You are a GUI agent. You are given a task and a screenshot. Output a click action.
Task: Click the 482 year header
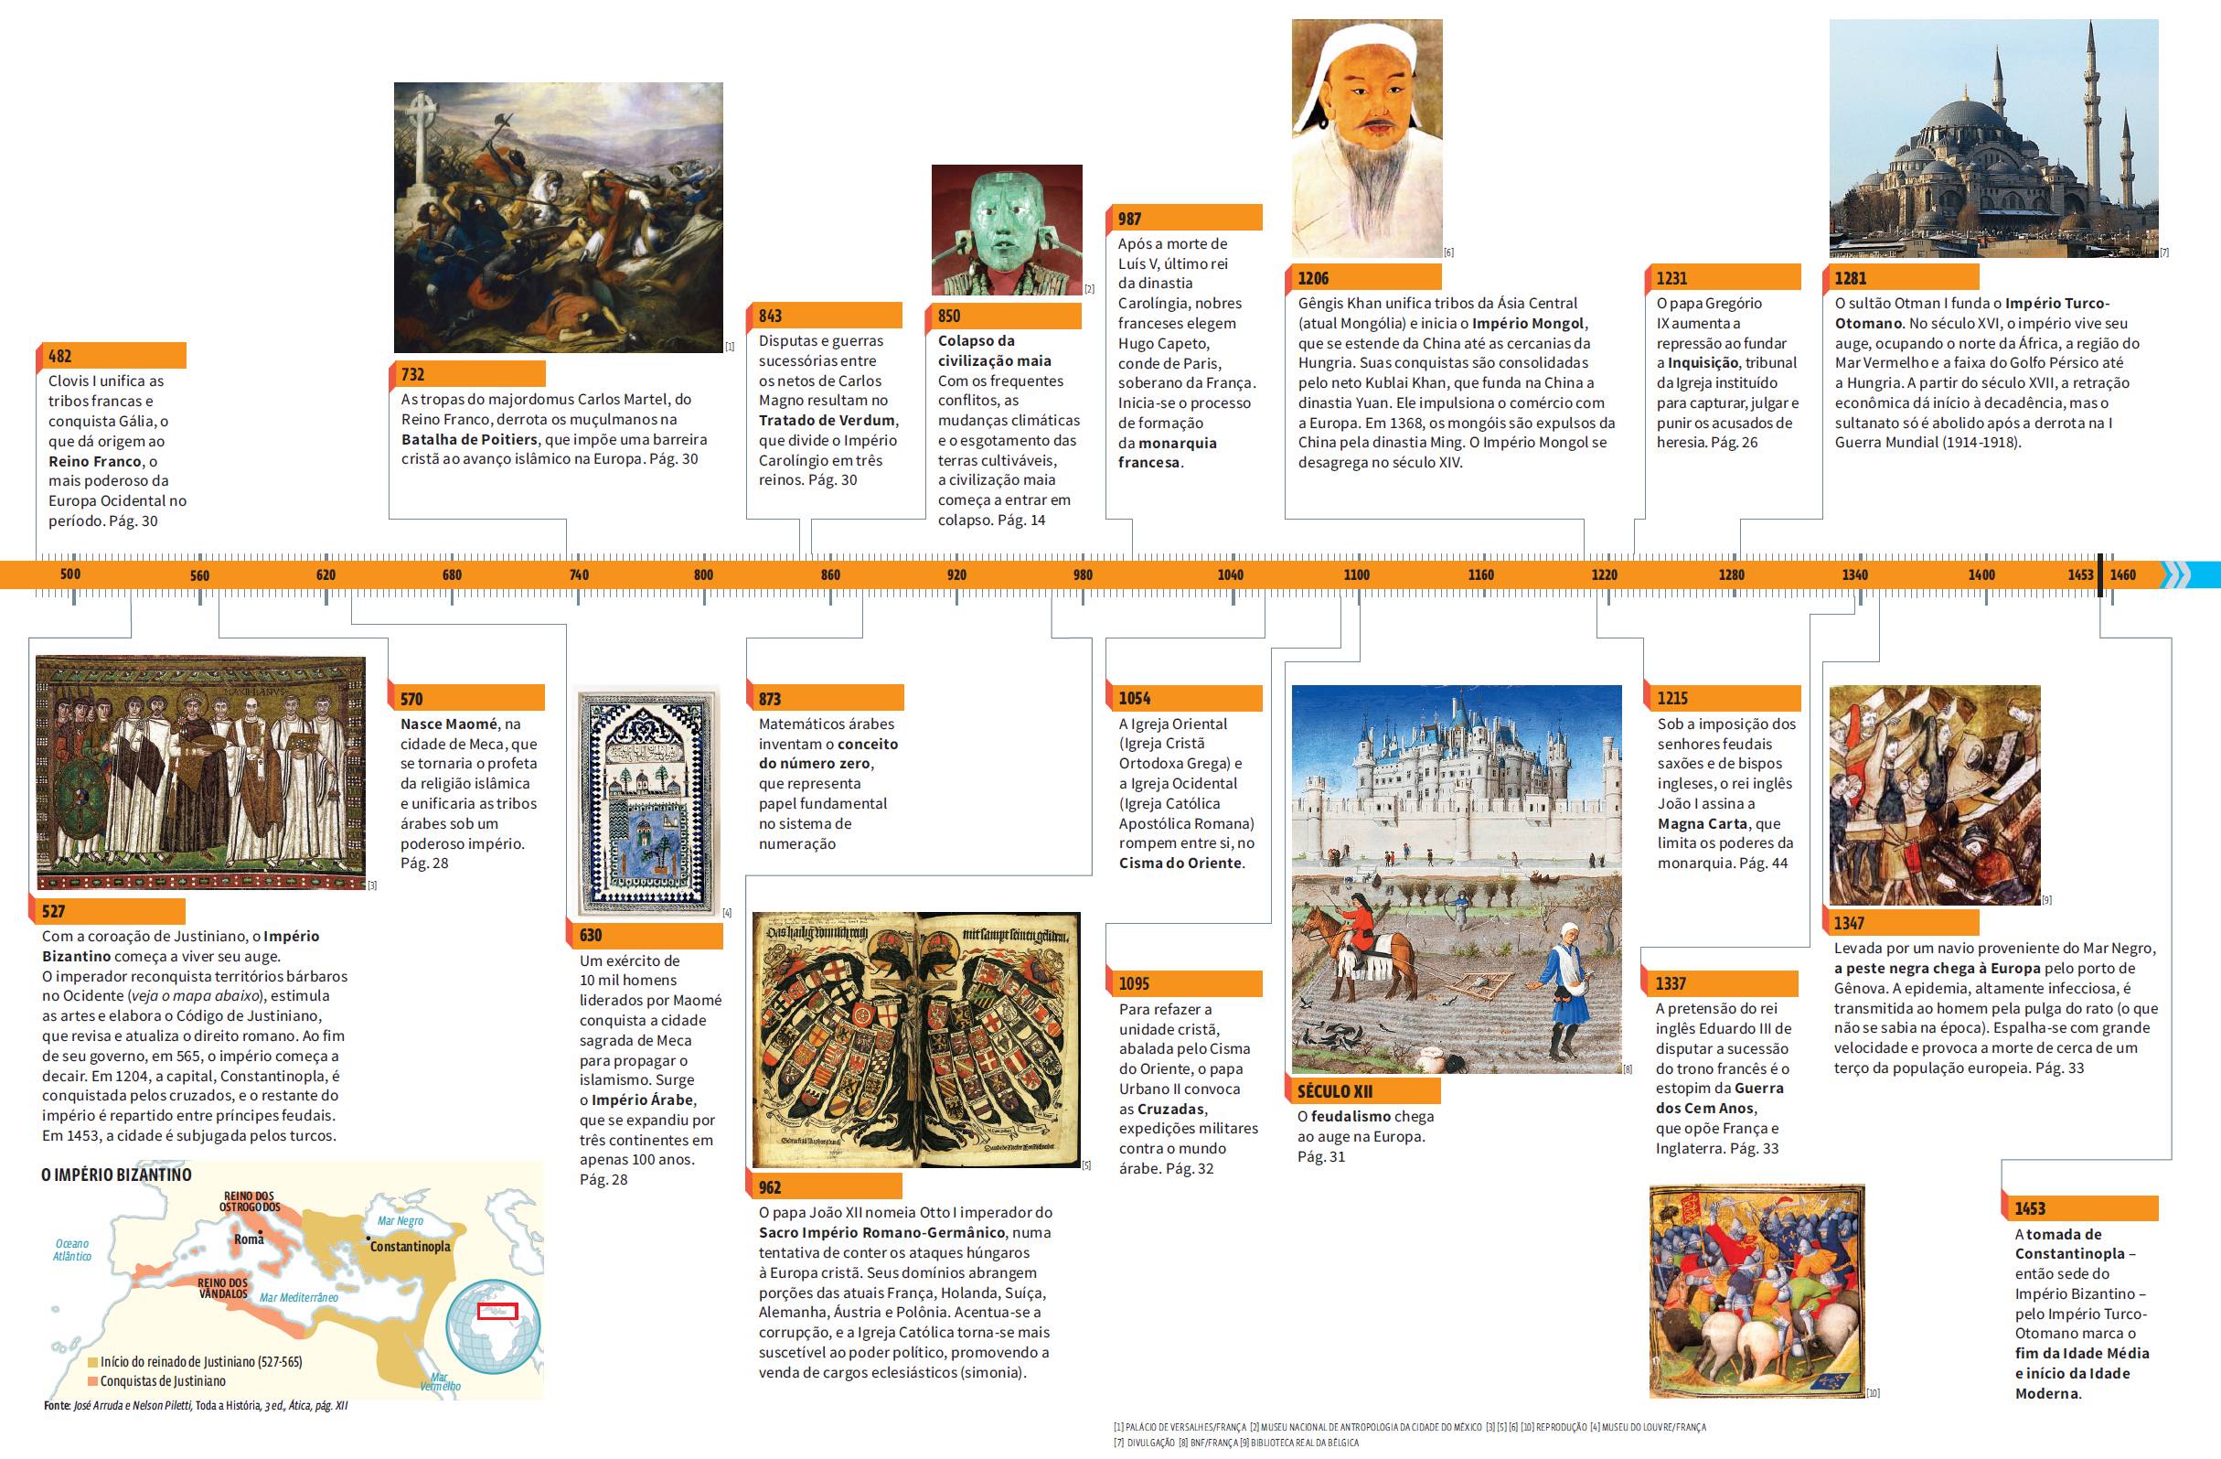(x=59, y=356)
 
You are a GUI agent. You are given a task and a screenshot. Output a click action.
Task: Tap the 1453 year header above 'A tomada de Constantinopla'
(x=2030, y=1207)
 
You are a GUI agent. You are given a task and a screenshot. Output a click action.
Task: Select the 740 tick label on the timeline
(x=579, y=575)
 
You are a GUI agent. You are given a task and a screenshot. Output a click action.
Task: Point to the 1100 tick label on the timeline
(x=1356, y=575)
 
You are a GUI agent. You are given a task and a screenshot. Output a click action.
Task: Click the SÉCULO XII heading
(x=1334, y=1091)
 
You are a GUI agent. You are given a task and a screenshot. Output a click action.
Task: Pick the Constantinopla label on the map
(x=410, y=1246)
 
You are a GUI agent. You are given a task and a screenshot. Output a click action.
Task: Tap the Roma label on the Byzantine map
(x=249, y=1239)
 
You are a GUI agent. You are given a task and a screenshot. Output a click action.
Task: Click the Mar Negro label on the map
(x=400, y=1220)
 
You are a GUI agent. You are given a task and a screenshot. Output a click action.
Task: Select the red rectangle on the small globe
(x=496, y=1311)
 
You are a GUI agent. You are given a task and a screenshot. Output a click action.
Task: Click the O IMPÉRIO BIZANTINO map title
(x=117, y=1175)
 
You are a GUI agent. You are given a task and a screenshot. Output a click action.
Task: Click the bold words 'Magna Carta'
(x=1703, y=823)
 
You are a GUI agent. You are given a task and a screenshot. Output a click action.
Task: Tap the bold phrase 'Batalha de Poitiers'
(x=469, y=439)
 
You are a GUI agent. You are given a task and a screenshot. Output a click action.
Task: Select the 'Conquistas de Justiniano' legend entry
(x=163, y=1380)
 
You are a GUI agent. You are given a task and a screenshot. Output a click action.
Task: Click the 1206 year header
(x=1313, y=278)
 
